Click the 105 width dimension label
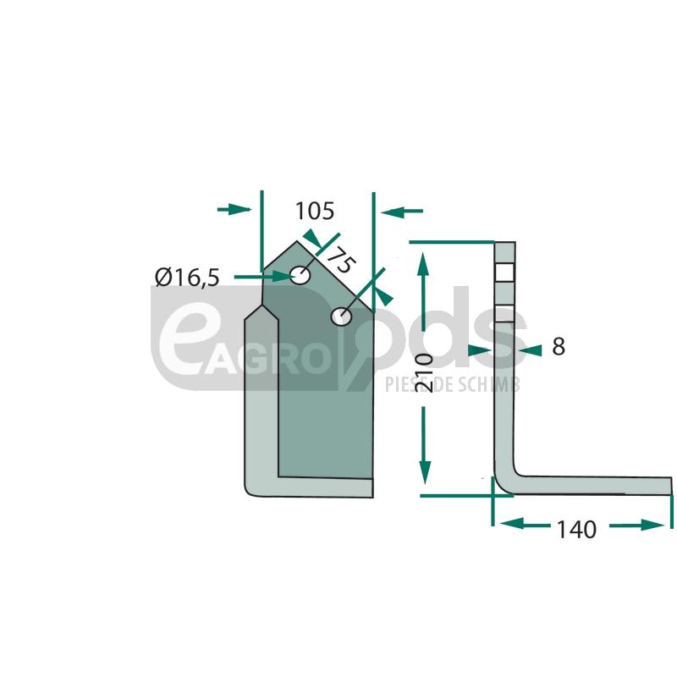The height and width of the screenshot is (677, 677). [315, 211]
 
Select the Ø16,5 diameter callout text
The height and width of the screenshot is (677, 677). [187, 278]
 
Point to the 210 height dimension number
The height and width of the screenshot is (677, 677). [423, 372]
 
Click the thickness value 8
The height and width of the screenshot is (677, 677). [559, 346]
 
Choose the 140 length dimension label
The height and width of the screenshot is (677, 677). [577, 530]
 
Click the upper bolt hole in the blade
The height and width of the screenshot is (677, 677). [300, 275]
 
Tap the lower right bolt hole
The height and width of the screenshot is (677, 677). [342, 316]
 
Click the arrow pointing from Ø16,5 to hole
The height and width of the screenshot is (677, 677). [261, 276]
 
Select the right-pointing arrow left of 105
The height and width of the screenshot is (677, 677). [234, 210]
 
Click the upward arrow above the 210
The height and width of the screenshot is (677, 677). [422, 292]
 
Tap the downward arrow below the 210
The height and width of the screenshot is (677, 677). [425, 446]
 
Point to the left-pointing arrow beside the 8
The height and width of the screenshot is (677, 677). [531, 350]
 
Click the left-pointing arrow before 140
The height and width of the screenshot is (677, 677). [525, 524]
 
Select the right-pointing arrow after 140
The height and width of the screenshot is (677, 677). [637, 525]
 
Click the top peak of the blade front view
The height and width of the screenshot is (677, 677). [297, 241]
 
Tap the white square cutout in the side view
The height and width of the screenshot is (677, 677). [504, 272]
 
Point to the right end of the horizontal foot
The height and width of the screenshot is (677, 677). [672, 486]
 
